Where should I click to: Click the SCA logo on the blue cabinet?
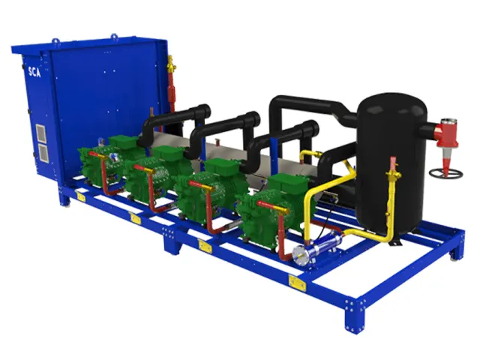34,72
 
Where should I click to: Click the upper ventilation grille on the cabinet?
40,133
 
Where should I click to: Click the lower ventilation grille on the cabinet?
43,153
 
